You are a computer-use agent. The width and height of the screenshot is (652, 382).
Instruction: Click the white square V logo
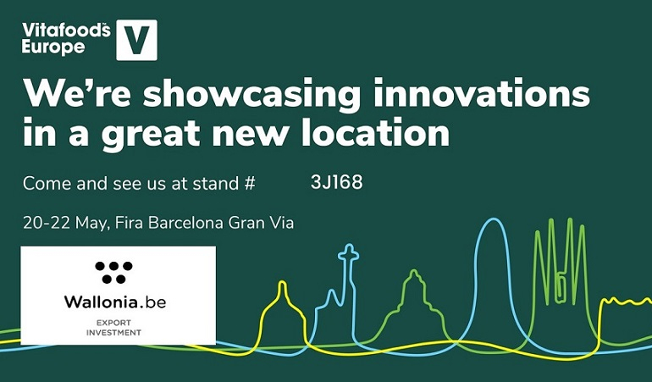click(x=137, y=40)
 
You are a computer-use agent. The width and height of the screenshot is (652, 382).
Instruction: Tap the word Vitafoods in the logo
click(x=66, y=30)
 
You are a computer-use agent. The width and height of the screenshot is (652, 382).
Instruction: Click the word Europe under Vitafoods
click(x=53, y=47)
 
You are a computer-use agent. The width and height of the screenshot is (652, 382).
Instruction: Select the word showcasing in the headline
click(x=251, y=96)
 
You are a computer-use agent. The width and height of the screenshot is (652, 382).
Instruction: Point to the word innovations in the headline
click(x=481, y=92)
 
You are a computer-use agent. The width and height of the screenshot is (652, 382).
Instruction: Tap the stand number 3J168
click(x=336, y=182)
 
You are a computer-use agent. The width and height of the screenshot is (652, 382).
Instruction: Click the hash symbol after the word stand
click(x=250, y=184)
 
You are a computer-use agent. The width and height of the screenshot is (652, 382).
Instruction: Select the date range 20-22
click(x=47, y=223)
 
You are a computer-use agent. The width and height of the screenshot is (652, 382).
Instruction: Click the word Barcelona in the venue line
click(x=185, y=223)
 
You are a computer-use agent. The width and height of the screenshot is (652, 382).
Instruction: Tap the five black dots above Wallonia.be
click(x=114, y=272)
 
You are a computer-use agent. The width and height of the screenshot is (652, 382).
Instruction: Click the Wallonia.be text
click(x=115, y=302)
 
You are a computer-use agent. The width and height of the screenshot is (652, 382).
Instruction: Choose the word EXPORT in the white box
click(x=113, y=323)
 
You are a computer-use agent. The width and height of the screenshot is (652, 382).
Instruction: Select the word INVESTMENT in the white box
click(x=113, y=333)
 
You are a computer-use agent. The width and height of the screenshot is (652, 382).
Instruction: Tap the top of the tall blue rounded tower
click(x=494, y=219)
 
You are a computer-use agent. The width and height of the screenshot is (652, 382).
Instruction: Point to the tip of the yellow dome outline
click(x=282, y=283)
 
